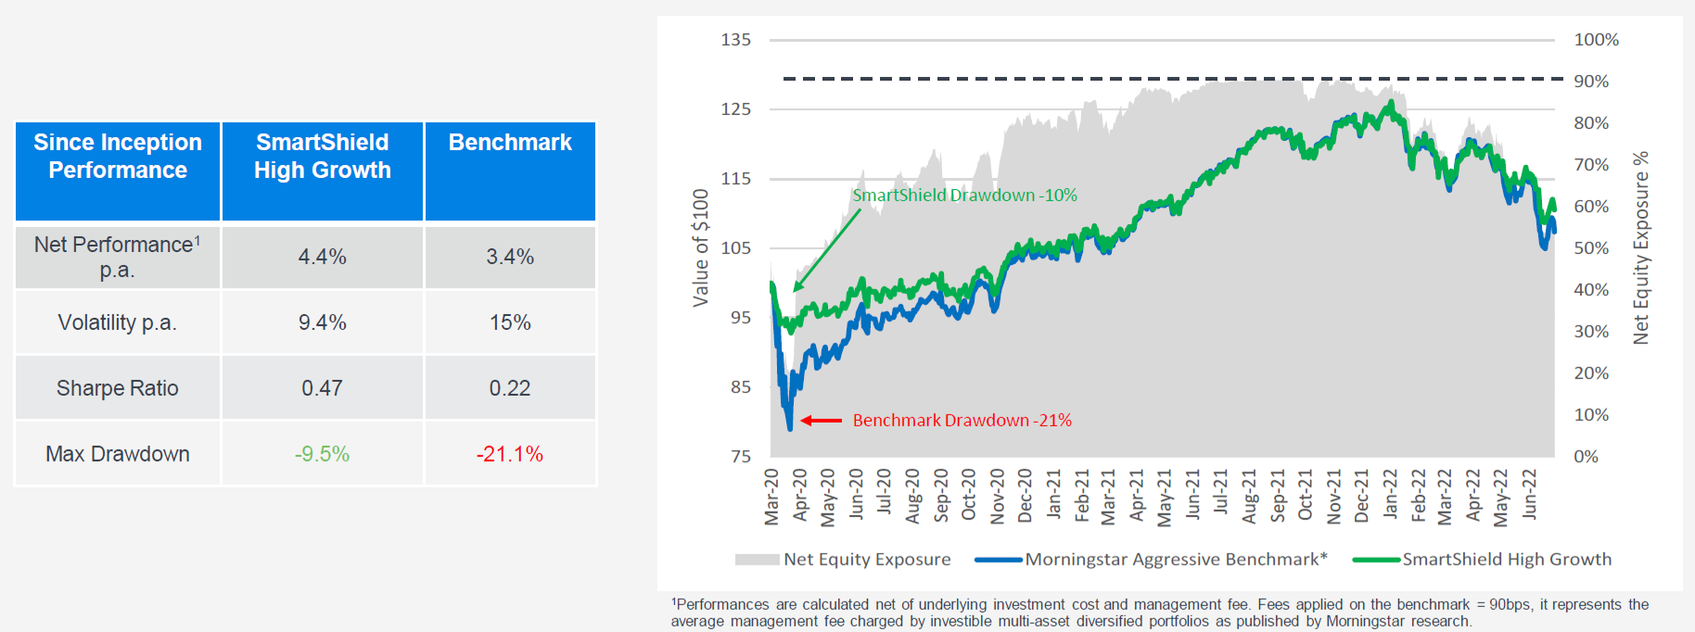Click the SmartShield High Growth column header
[x=322, y=157]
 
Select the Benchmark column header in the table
[x=510, y=143]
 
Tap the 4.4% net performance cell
[x=322, y=257]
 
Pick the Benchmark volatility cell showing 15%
[x=510, y=322]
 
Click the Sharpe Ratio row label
[x=117, y=388]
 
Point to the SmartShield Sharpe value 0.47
[x=322, y=388]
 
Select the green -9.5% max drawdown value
[x=322, y=454]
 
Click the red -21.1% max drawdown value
[x=510, y=454]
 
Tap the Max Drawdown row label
[x=117, y=454]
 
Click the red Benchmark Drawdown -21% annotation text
[x=962, y=421]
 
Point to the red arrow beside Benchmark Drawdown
[x=821, y=421]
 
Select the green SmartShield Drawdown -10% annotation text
[x=964, y=196]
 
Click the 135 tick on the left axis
[x=736, y=40]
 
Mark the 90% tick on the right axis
[x=1591, y=82]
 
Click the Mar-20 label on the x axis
[x=771, y=497]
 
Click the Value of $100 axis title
[x=701, y=247]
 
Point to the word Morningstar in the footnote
[x=1365, y=621]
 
